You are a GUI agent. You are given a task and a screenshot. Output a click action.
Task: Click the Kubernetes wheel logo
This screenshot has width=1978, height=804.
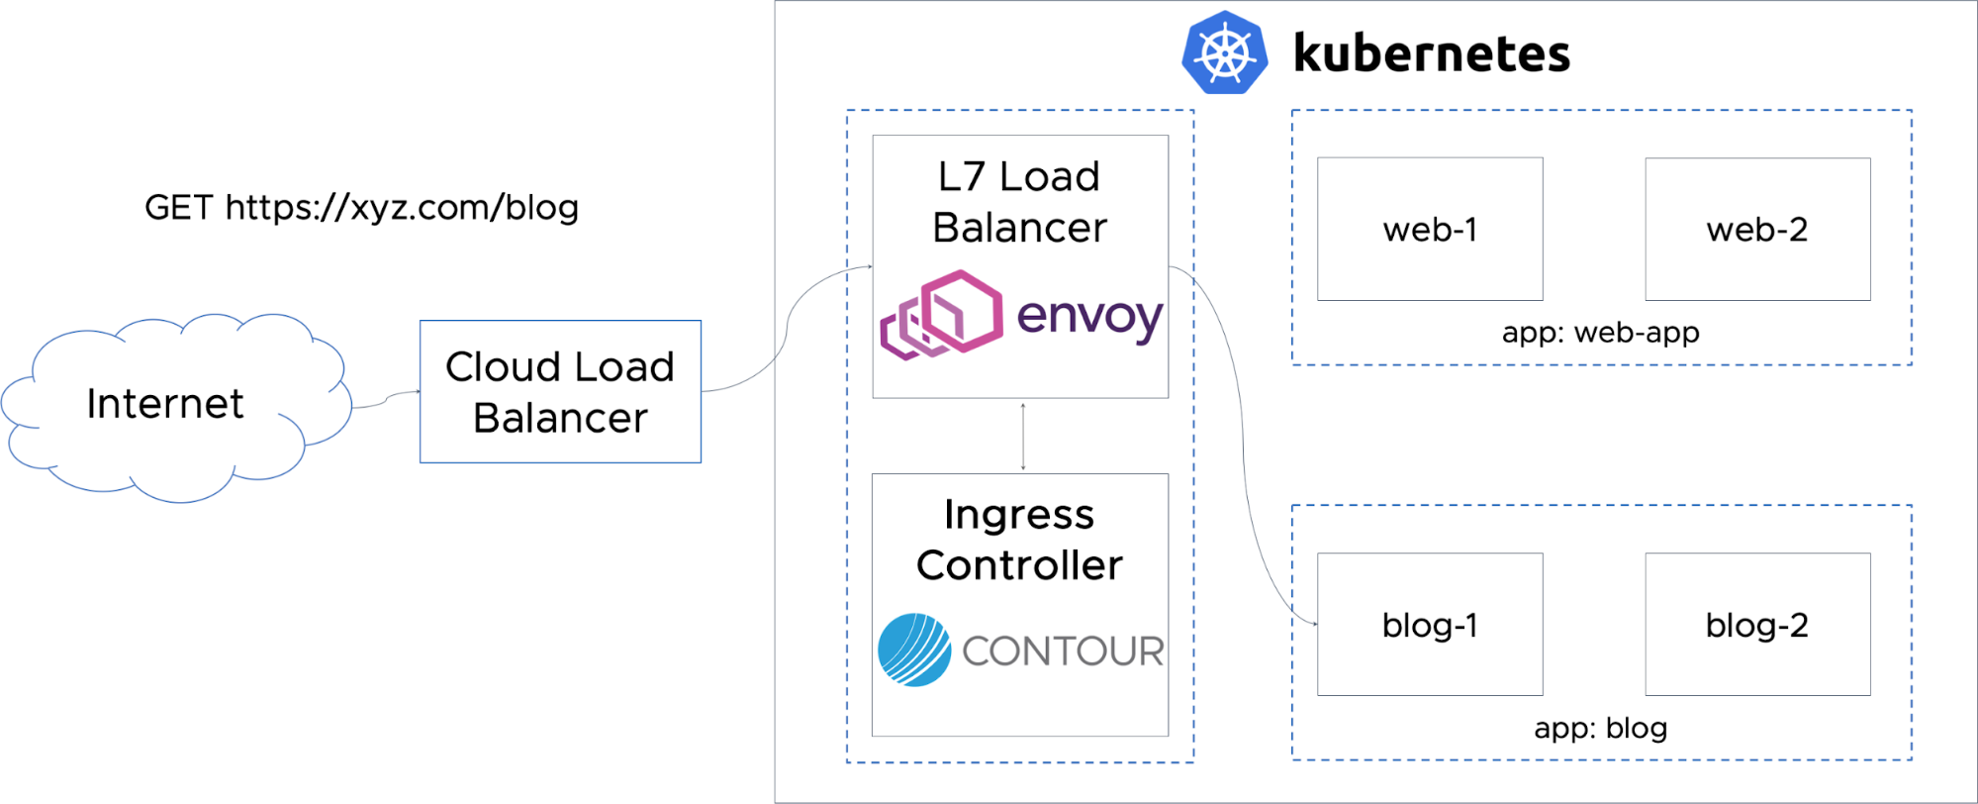[x=1224, y=52]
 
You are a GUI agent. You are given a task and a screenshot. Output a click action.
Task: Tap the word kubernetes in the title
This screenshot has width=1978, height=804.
[x=1431, y=53]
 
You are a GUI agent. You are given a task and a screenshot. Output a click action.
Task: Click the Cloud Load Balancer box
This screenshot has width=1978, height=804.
[x=560, y=392]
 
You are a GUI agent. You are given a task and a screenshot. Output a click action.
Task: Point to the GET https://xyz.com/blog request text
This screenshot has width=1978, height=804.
[x=361, y=208]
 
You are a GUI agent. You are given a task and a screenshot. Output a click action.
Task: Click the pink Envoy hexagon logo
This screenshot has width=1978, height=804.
[x=942, y=315]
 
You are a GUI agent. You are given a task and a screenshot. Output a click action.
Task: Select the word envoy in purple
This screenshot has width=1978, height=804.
[x=1089, y=317]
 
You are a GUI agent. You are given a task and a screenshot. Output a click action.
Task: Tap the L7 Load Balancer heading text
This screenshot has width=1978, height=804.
[x=1019, y=202]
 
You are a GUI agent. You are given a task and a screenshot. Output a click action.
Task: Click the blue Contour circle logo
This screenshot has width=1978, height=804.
[x=914, y=651]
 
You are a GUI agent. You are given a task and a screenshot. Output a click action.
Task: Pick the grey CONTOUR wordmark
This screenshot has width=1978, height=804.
[x=1063, y=652]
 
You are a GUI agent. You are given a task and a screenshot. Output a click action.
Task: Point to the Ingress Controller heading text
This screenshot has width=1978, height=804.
[x=1019, y=540]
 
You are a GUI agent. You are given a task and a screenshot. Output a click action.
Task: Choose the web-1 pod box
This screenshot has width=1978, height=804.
[x=1430, y=230]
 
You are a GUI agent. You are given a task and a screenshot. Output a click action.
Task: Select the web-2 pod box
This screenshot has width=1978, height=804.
[x=1757, y=230]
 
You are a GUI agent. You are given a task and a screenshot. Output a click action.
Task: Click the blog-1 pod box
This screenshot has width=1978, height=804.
[x=1430, y=625]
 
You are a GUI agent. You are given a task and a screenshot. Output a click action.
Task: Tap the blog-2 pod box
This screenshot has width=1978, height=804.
[x=1757, y=625]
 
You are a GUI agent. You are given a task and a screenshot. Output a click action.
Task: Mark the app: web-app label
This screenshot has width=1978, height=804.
[x=1600, y=333]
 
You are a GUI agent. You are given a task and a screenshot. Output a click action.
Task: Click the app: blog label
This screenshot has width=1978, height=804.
[x=1600, y=729]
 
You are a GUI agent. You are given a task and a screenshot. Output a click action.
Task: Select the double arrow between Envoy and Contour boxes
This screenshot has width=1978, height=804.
[x=1023, y=437]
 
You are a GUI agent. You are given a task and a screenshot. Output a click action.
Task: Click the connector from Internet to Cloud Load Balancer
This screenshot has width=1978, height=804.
[x=386, y=398]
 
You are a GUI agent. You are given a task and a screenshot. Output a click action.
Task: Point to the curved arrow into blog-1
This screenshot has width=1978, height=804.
[x=1243, y=446]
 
